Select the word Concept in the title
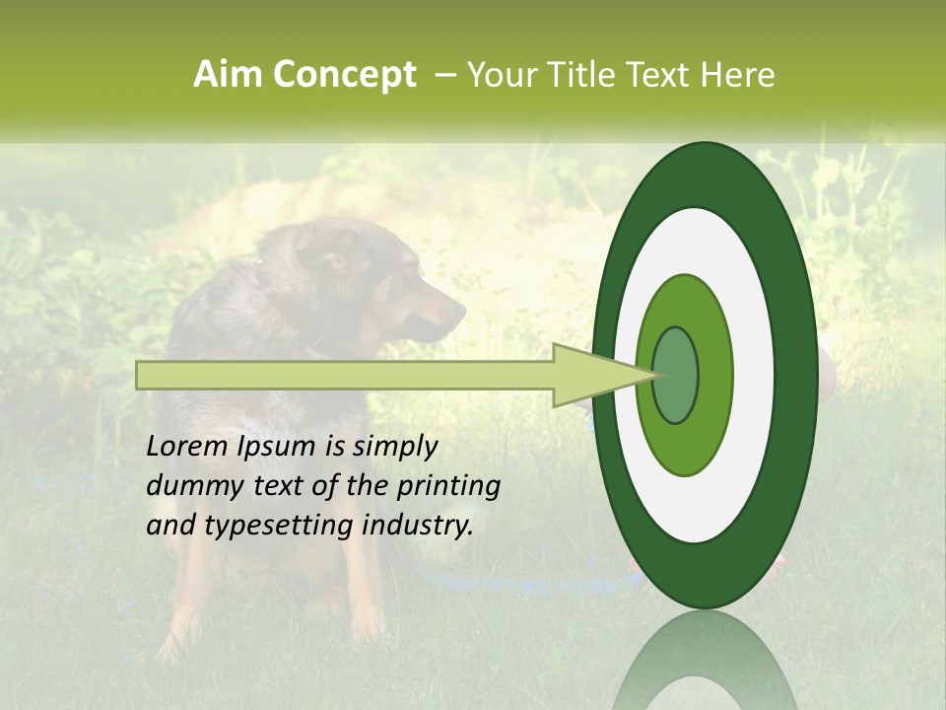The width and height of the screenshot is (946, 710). [x=343, y=75]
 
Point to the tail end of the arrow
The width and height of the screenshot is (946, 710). [x=139, y=376]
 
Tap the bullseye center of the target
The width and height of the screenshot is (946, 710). [x=676, y=376]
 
